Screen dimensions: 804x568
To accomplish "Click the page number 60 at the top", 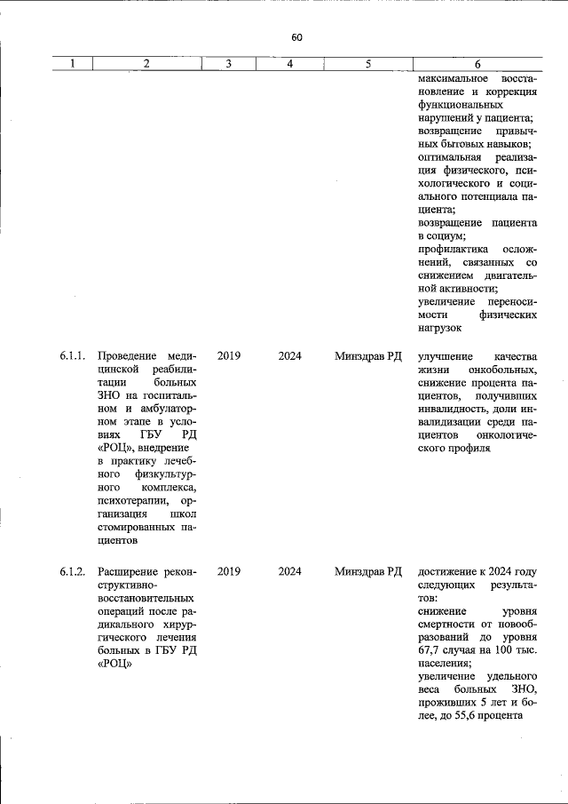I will point(296,37).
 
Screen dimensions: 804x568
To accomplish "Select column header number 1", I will point(73,64).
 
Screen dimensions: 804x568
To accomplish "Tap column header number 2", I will point(146,64).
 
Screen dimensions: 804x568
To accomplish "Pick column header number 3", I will point(228,64).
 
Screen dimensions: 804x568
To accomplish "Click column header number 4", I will point(289,64).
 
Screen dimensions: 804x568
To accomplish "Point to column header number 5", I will point(367,64).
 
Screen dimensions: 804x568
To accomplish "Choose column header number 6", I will point(477,64).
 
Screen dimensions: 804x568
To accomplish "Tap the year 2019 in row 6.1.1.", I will point(229,356).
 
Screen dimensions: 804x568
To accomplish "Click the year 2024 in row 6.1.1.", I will point(289,356).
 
